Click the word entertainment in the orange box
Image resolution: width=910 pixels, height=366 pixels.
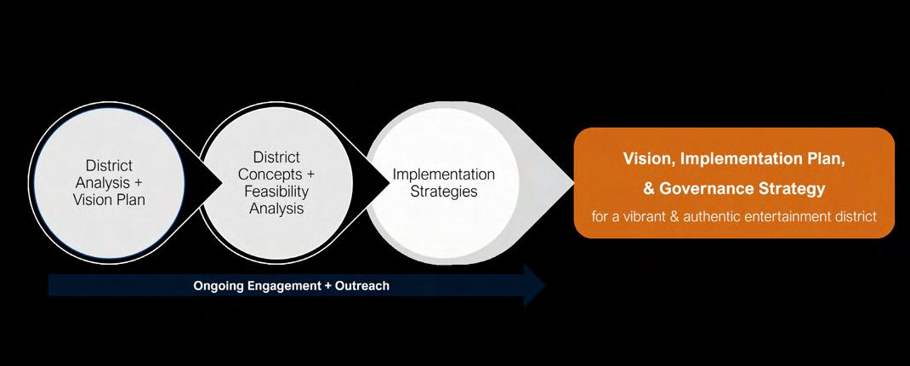(x=803, y=216)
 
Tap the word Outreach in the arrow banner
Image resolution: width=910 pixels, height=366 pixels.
(x=362, y=286)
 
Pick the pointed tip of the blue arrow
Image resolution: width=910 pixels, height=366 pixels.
(x=544, y=285)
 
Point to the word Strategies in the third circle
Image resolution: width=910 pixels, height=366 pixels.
(x=444, y=192)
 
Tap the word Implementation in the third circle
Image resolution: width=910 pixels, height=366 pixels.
(x=444, y=174)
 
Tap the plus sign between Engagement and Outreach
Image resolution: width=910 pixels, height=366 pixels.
(x=328, y=286)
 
